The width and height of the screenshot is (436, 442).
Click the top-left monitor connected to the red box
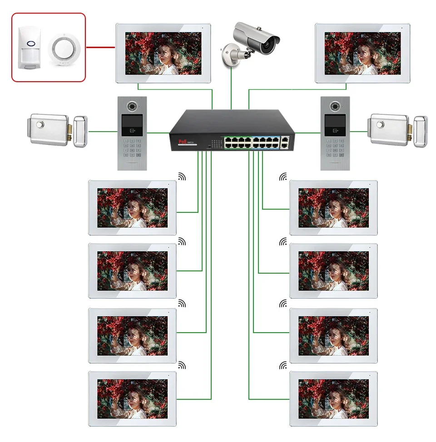click(163, 53)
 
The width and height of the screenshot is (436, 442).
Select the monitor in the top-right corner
click(363, 53)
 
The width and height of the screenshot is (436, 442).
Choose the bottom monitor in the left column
click(132, 398)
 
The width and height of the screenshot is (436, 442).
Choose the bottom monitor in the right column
click(333, 398)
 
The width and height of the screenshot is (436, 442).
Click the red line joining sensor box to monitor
click(100, 46)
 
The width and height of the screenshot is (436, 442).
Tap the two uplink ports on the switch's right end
click(285, 142)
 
